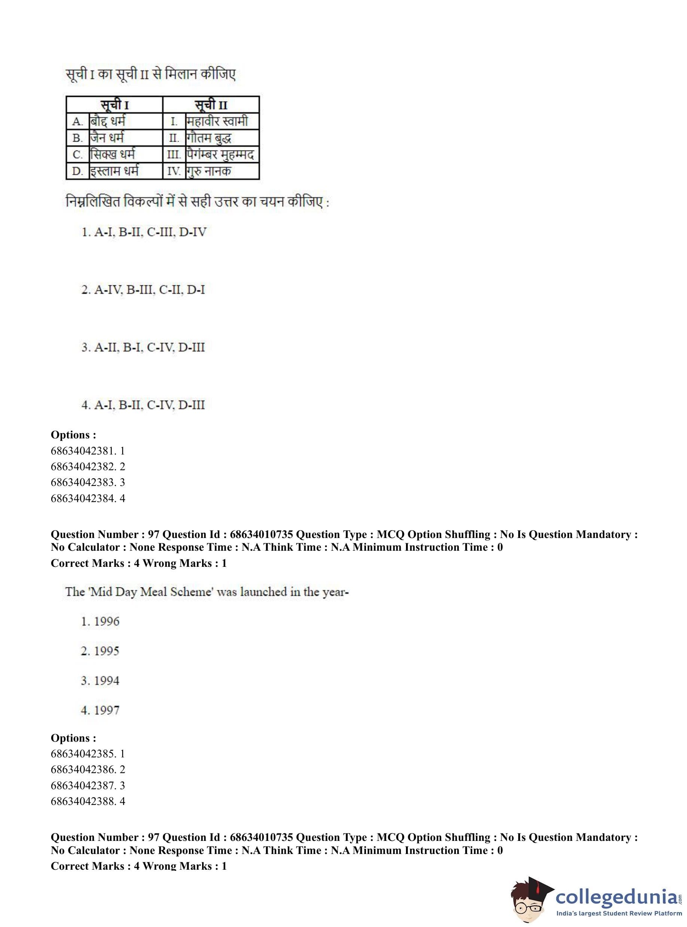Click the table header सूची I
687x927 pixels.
114,104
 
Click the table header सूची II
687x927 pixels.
211,104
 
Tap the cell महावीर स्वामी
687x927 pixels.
217,122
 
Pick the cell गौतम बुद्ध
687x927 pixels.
209,138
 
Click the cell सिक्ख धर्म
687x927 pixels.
113,154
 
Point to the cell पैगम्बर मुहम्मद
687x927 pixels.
220,154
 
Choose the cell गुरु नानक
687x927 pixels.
209,171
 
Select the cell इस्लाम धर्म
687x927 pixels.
114,171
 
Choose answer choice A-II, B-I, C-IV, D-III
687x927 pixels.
143,347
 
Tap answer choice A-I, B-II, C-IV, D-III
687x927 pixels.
143,405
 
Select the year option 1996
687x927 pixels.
100,621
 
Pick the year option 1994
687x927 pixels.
100,681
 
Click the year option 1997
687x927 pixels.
100,710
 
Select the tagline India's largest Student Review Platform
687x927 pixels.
619,913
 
